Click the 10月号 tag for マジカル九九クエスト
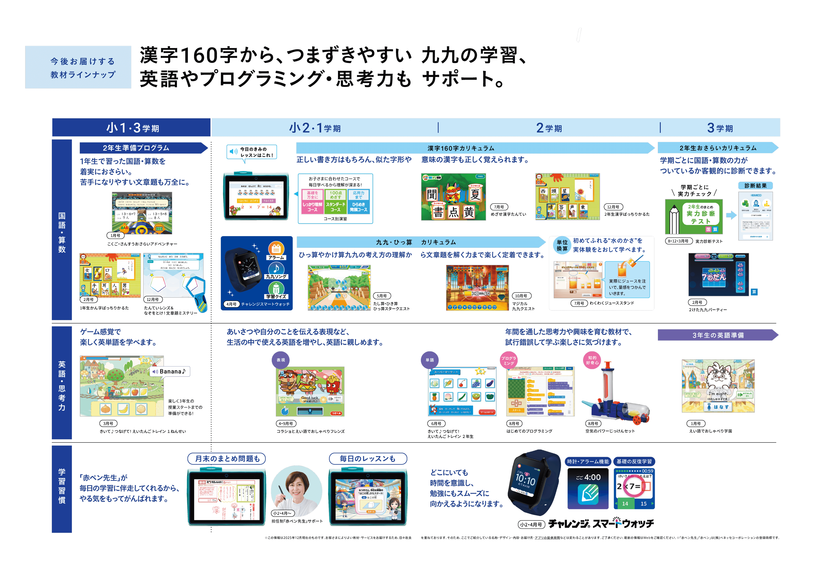point(521,296)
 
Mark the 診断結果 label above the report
point(755,186)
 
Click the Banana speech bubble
point(169,371)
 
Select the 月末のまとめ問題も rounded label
point(227,458)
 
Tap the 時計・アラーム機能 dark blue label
point(588,461)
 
